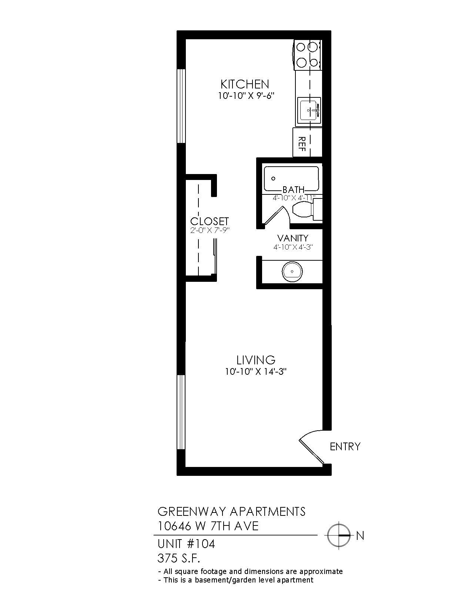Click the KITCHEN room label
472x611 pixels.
(245, 84)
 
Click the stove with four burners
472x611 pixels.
(307, 55)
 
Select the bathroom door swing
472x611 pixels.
(276, 215)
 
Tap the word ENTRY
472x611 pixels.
(345, 447)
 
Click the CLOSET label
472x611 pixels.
(210, 221)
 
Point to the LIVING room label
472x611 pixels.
(256, 360)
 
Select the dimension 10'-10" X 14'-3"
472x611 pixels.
(256, 372)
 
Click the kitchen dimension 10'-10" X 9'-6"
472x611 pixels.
(246, 96)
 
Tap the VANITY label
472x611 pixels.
(293, 238)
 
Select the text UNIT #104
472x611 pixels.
(186, 544)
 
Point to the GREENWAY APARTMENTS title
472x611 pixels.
(231, 511)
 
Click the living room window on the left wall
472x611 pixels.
(181, 412)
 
